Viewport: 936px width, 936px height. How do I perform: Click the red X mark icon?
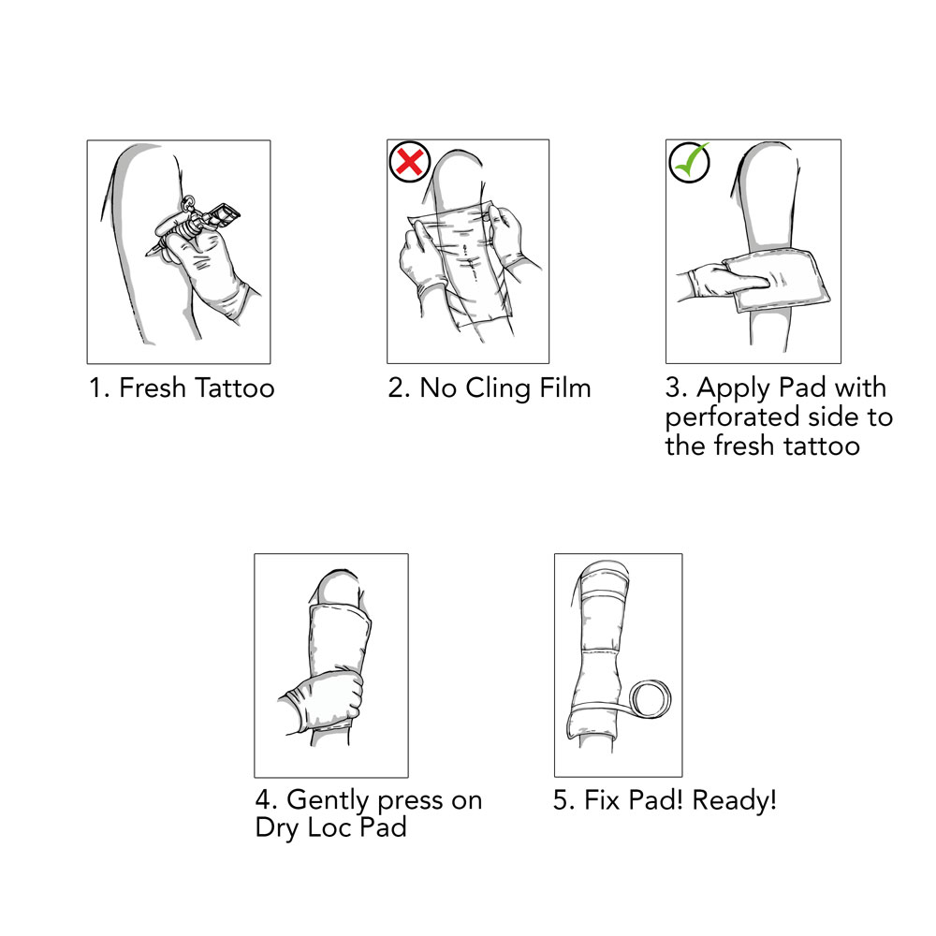coord(410,161)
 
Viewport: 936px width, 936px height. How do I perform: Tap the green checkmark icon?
coord(690,162)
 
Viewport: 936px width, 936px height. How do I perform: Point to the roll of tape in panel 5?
coord(651,699)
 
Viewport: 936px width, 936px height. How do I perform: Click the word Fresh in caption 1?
coord(153,388)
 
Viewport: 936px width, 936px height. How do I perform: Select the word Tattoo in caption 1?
coord(235,388)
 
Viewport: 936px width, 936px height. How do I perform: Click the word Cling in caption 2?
coord(499,388)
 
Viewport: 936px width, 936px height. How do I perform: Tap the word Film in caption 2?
coord(564,388)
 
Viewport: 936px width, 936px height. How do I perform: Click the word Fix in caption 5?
coord(602,800)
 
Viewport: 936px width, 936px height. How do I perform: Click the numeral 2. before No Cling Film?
coord(400,388)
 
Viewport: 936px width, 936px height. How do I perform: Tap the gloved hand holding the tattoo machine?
coord(206,269)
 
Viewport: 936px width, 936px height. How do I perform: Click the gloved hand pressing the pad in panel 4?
coord(322,705)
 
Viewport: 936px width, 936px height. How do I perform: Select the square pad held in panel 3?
coord(776,279)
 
